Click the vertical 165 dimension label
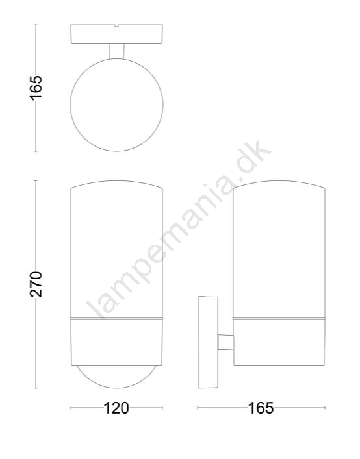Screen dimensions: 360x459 (x=36, y=88)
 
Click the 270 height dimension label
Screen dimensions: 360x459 (x=36, y=284)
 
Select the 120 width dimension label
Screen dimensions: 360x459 (x=116, y=408)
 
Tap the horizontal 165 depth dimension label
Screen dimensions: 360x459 (x=261, y=408)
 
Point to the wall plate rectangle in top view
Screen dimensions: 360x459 (x=116, y=34)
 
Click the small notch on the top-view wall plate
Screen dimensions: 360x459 (x=116, y=26)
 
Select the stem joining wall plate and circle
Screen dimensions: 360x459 (x=116, y=51)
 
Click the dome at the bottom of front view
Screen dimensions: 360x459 (x=116, y=388)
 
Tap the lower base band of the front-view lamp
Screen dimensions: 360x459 (x=116, y=341)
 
